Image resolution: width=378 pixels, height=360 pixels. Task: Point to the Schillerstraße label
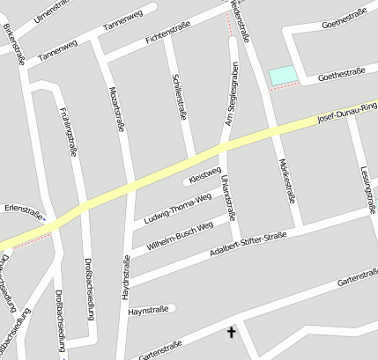(182, 95)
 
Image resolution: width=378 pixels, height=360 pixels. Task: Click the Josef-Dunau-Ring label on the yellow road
(347, 113)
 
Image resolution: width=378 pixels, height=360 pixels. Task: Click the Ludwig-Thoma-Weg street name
(177, 208)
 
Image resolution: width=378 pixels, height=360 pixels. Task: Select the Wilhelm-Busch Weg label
(181, 236)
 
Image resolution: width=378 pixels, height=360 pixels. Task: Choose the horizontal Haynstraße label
(148, 311)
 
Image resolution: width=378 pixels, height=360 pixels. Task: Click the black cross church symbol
(233, 332)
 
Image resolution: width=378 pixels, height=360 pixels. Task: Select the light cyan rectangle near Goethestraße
(281, 77)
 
